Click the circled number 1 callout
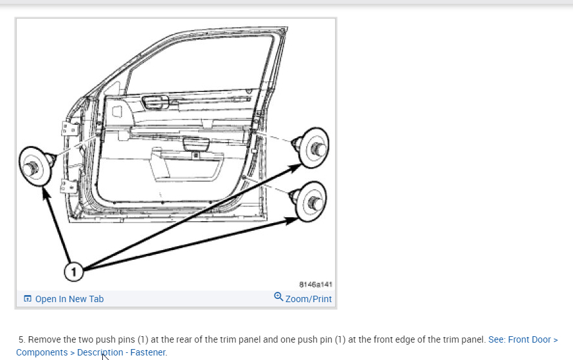74,272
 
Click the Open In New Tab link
69,299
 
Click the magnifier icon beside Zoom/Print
278,297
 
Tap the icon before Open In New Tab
28,299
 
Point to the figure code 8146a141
316,284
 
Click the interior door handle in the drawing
156,101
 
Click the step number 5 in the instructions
22,339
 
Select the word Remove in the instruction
43,339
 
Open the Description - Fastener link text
122,352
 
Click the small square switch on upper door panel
117,111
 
